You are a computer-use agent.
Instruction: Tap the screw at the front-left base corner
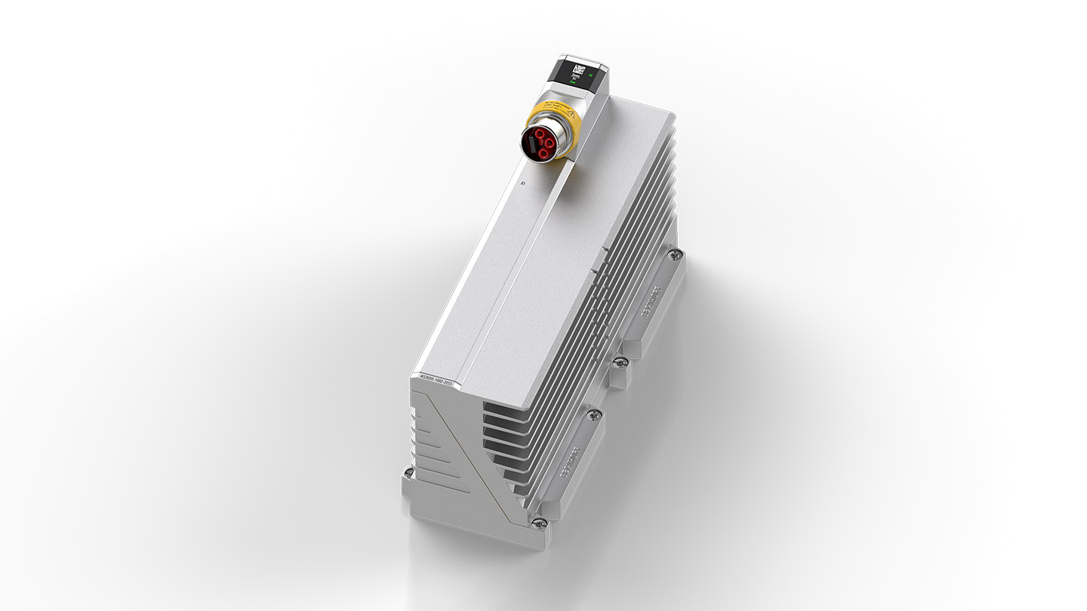point(408,472)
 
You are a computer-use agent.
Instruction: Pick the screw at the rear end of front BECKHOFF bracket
point(594,413)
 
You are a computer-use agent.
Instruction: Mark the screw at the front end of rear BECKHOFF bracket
point(619,364)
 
